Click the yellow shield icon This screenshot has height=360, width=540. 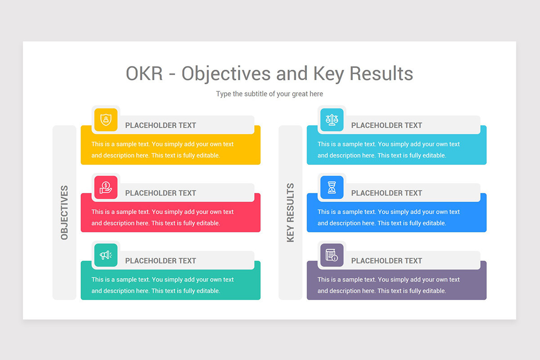pyautogui.click(x=106, y=120)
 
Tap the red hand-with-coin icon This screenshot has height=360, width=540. pyautogui.click(x=106, y=187)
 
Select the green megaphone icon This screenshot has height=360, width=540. pyautogui.click(x=106, y=255)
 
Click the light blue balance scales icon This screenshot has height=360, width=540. pyautogui.click(x=332, y=120)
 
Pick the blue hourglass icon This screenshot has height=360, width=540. pyautogui.click(x=332, y=187)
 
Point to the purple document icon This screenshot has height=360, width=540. pyautogui.click(x=332, y=255)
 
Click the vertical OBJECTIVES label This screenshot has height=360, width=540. pyautogui.click(x=64, y=212)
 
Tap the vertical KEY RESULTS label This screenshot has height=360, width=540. pyautogui.click(x=290, y=212)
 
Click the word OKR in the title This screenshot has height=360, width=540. pyautogui.click(x=144, y=73)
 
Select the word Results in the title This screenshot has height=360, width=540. pyautogui.click(x=381, y=73)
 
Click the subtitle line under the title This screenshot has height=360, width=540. pyautogui.click(x=269, y=94)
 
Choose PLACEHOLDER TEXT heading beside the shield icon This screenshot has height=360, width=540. pyautogui.click(x=161, y=126)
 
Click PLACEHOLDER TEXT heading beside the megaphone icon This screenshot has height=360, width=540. pyautogui.click(x=161, y=261)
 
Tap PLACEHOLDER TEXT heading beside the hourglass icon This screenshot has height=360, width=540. pyautogui.click(x=387, y=193)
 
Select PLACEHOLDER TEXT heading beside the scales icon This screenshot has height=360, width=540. pyautogui.click(x=387, y=126)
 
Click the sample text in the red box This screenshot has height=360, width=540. pyautogui.click(x=162, y=217)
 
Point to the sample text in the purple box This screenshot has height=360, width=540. pyautogui.click(x=388, y=285)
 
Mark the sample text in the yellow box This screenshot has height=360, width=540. pyautogui.click(x=162, y=150)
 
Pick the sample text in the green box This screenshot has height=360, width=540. pyautogui.click(x=162, y=285)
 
